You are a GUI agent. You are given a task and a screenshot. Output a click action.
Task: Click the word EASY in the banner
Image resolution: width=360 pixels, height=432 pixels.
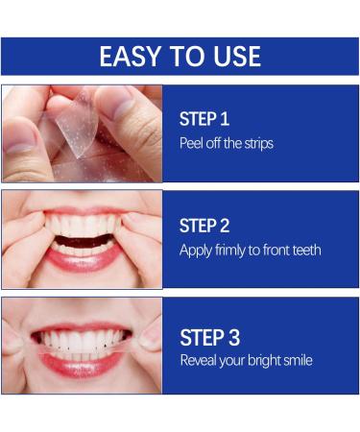tap(130, 57)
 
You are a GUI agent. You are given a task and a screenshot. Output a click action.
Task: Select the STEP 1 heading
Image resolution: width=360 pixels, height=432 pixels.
tap(204, 119)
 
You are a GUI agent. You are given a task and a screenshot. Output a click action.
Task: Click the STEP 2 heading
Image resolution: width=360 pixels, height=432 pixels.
tap(204, 226)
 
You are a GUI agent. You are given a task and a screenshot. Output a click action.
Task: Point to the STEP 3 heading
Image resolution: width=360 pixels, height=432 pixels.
tap(210, 337)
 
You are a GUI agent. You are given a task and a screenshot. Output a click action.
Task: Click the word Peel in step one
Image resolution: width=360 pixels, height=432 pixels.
tap(191, 143)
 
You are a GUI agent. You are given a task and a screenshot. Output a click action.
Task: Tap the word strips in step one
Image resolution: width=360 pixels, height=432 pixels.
tap(259, 144)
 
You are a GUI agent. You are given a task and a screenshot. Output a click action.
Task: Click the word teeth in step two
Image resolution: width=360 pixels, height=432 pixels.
tap(305, 250)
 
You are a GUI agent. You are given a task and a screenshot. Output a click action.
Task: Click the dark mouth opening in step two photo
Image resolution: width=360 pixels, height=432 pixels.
tap(84, 241)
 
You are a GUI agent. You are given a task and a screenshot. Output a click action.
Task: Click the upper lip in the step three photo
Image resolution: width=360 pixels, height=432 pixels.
tap(82, 328)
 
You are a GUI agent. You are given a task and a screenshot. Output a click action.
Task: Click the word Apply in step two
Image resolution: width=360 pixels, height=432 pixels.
tap(196, 251)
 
